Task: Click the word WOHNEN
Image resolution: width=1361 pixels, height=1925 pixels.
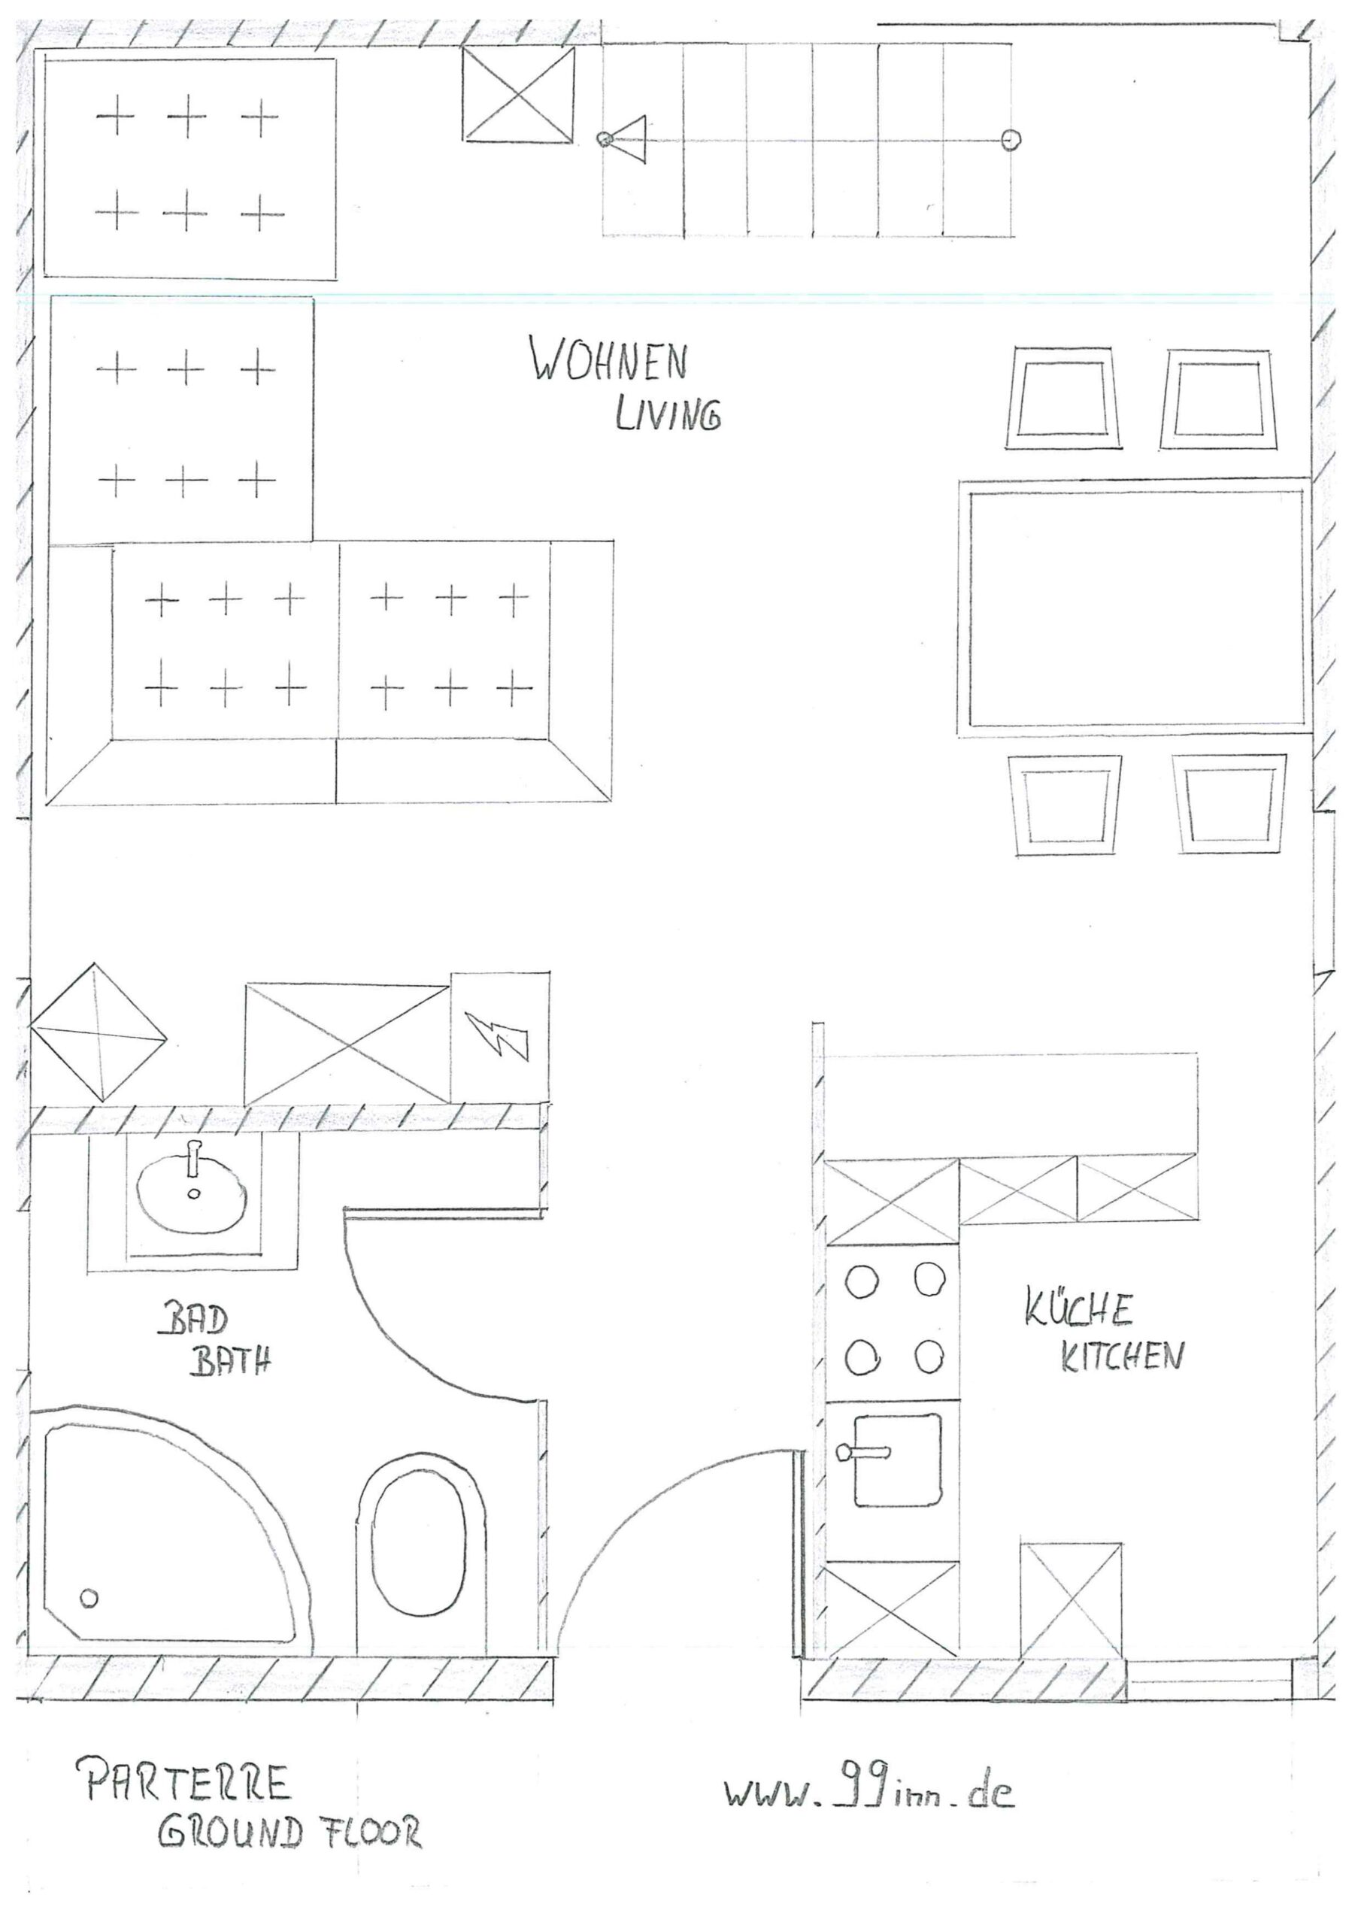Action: pos(608,359)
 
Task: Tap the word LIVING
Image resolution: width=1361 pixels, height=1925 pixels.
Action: pos(668,414)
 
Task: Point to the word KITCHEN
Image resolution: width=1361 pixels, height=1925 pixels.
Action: pos(1122,1357)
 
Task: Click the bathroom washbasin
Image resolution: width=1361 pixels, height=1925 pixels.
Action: pos(193,1188)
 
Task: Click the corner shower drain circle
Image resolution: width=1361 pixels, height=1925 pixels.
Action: pos(88,1598)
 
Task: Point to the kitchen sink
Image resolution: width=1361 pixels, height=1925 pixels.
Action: pos(896,1460)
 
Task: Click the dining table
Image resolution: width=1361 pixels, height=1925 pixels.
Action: pos(1135,608)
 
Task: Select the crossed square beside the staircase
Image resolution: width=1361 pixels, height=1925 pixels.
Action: pos(519,94)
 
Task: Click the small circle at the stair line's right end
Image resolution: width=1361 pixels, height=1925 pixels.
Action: pos(1012,139)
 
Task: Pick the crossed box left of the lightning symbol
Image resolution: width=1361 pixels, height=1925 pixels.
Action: pos(347,1044)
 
